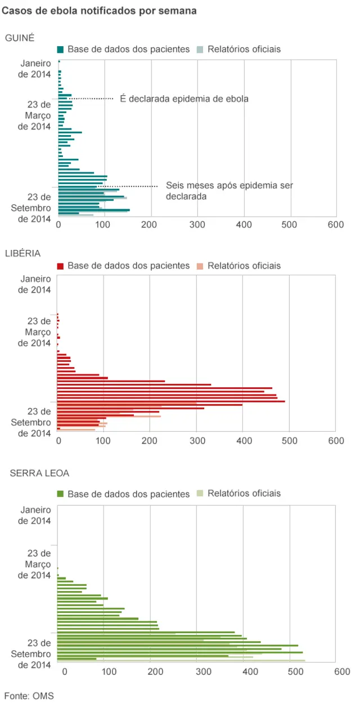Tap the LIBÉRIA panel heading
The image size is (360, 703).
point(22,253)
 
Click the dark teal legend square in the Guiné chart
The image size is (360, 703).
point(60,50)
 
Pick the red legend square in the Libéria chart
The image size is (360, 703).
point(60,266)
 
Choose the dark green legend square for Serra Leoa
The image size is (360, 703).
point(60,494)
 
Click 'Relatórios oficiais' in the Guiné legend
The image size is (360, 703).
point(244,50)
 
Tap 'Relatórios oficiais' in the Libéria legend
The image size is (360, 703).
point(244,266)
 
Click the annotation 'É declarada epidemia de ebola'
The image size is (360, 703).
point(184,98)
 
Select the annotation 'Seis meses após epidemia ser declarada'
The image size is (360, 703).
point(229,191)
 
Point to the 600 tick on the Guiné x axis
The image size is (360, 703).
point(335,225)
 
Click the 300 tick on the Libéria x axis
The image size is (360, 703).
point(196,441)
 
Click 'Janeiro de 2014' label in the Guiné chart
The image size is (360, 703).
point(35,69)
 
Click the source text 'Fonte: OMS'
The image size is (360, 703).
point(29,696)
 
